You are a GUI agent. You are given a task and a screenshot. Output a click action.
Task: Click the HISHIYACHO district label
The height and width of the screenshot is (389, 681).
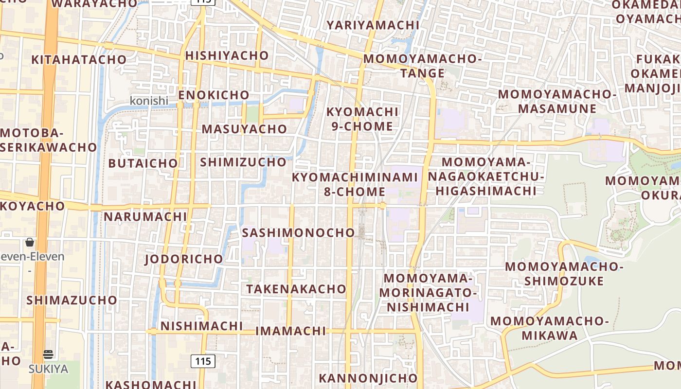227,55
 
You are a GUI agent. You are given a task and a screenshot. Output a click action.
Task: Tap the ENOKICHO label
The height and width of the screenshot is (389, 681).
214,95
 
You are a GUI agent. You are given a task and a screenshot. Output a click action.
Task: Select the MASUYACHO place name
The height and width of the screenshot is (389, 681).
244,129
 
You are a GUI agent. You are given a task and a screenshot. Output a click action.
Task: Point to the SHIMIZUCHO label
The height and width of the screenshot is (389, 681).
243,162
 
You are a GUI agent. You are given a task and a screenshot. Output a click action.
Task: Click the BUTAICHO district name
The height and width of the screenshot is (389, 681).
143,163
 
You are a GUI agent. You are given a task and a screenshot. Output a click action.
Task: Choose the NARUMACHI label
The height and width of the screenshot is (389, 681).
145,216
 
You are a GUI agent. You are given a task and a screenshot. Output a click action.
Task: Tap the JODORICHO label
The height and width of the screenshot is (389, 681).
184,259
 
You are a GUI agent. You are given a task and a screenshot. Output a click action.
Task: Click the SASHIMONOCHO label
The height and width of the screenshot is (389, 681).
298,232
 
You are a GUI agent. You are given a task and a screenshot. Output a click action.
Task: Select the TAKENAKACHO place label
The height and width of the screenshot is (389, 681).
296,289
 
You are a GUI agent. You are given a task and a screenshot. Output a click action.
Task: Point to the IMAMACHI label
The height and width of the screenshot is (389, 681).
290,331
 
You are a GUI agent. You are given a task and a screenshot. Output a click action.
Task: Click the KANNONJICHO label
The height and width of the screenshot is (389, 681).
368,378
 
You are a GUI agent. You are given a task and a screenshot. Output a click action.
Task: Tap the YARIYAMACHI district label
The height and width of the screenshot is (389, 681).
373,25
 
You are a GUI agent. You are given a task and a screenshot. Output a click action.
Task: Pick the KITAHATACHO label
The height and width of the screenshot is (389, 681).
79,60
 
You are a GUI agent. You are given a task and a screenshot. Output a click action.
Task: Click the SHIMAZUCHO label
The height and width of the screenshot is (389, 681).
72,300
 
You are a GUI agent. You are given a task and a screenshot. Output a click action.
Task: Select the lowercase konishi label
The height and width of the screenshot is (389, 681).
149,101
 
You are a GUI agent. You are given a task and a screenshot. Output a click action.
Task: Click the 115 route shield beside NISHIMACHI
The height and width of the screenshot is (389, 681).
203,361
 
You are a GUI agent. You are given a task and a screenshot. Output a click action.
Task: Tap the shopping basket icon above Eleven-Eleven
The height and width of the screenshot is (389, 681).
30,242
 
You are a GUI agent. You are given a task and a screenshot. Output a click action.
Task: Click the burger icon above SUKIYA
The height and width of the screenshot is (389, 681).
48,354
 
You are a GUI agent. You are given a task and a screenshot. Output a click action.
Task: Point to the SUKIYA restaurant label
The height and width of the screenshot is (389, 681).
48,369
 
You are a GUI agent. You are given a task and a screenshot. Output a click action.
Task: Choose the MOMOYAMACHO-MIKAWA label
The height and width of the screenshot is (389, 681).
550,328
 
